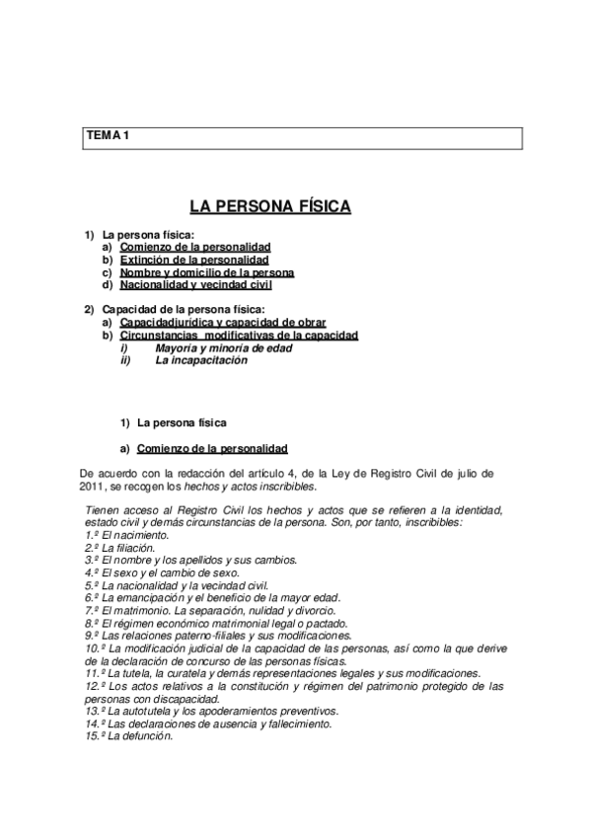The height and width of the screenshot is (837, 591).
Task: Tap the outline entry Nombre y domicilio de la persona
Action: click(207, 271)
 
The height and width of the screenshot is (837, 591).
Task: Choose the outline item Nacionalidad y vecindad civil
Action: click(195, 284)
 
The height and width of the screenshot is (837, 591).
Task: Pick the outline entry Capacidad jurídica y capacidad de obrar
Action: click(222, 323)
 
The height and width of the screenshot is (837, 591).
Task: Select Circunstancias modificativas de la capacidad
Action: click(239, 336)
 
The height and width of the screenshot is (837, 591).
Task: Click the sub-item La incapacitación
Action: click(201, 360)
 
